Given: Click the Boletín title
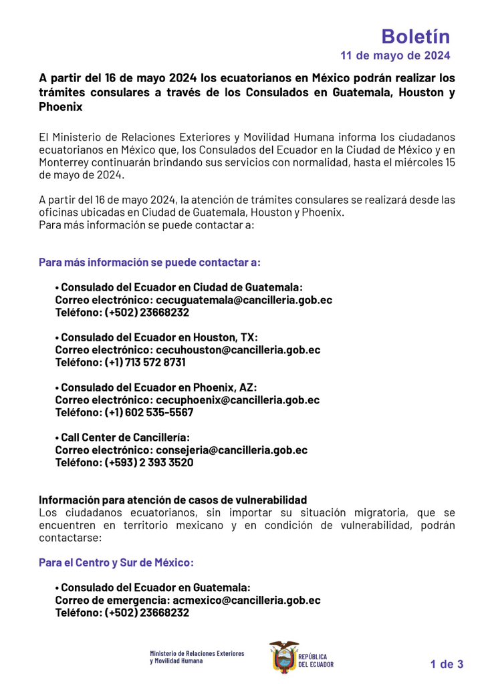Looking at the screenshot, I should point(415,36).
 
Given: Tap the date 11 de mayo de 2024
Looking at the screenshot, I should point(395,55).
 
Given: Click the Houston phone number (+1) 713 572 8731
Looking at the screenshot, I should point(145,362).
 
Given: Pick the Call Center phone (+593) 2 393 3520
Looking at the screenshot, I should point(149,462).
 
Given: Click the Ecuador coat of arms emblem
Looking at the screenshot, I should point(283,656).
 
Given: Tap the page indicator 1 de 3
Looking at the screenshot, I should point(447,664).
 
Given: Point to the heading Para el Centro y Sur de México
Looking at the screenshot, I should point(116,562).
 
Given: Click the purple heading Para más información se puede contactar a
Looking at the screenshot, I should point(150,262).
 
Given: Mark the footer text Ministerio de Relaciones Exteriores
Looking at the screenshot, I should point(197,653).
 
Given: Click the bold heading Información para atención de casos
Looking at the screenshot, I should point(172,500).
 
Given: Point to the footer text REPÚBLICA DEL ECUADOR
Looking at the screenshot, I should point(316,661).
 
